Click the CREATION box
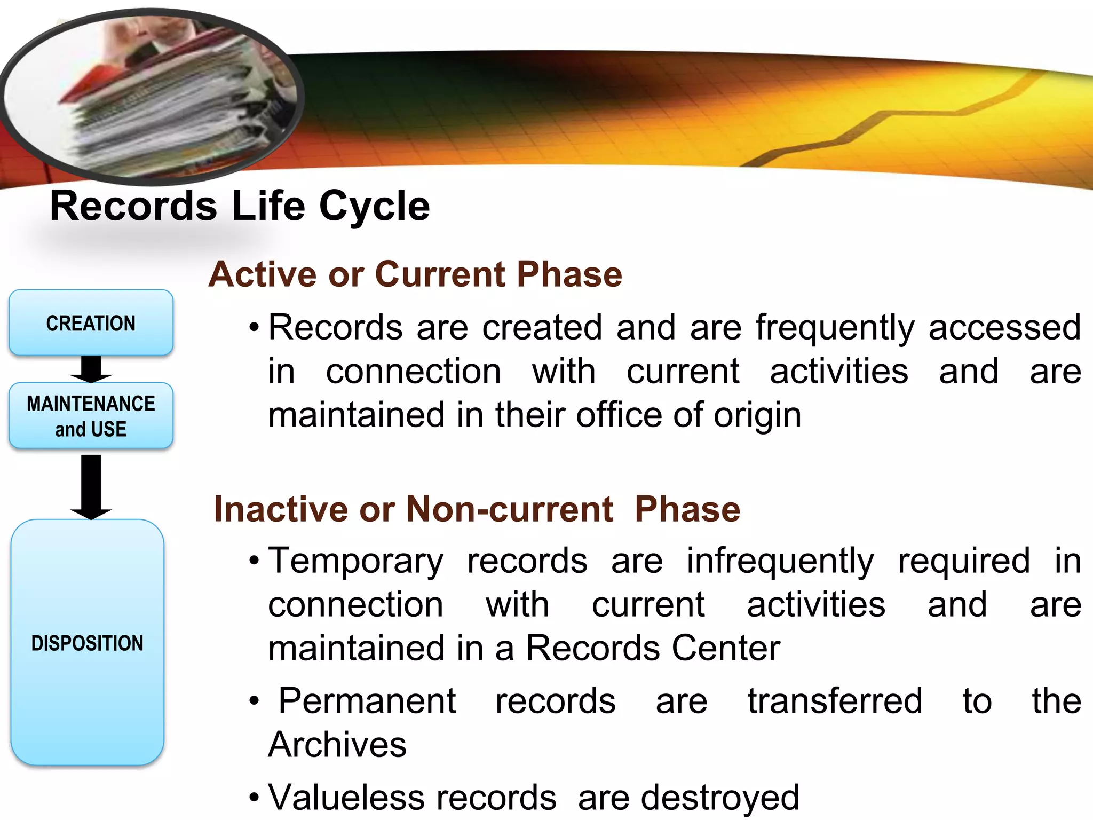91,323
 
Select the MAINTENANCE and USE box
91,416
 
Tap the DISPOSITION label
88,643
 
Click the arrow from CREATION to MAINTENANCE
91,369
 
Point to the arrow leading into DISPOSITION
91,486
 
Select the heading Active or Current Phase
415,274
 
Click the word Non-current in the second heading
510,509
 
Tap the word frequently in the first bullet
835,328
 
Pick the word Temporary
355,562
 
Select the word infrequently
780,562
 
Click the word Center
726,648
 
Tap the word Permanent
367,701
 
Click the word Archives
337,745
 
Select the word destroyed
720,798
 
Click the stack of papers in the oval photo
160,107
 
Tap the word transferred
835,701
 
